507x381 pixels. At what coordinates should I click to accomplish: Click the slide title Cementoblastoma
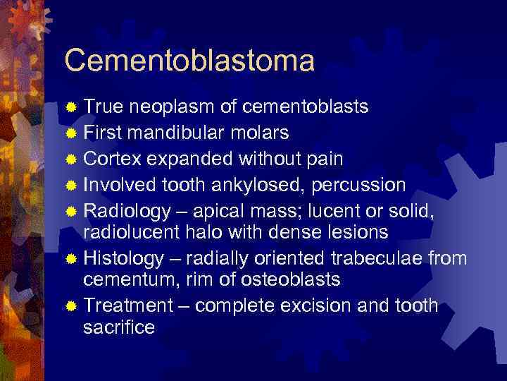(189, 61)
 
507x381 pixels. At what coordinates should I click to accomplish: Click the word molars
(263, 133)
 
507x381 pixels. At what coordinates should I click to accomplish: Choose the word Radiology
(127, 211)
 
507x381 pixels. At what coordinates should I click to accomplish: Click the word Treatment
(127, 306)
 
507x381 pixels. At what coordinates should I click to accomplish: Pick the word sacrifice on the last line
(119, 327)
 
